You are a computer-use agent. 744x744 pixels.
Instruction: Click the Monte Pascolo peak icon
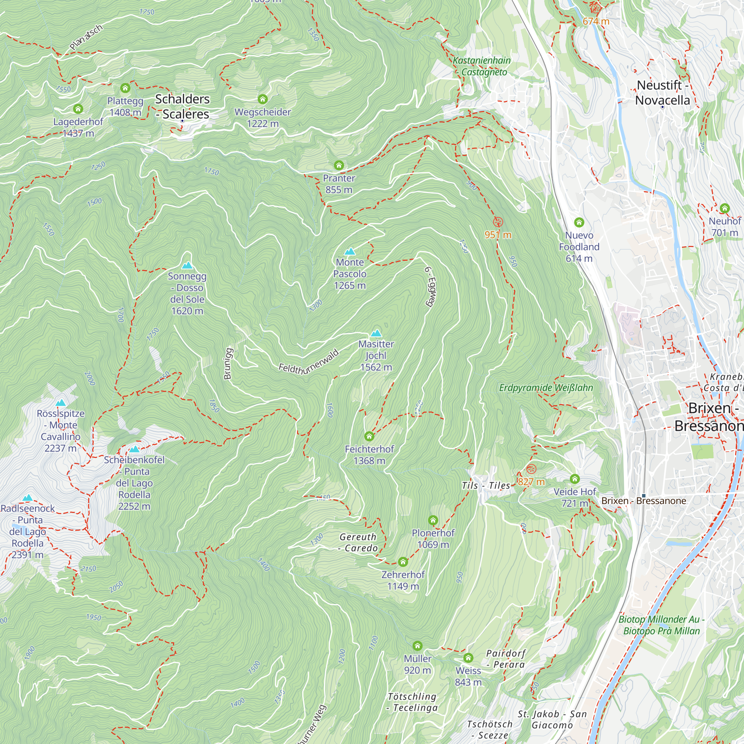pyautogui.click(x=350, y=252)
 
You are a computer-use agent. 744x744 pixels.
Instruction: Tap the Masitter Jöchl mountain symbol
pyautogui.click(x=376, y=333)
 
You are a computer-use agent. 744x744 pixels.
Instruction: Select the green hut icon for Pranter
pyautogui.click(x=339, y=166)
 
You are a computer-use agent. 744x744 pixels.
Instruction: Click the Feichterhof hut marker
pyautogui.click(x=369, y=436)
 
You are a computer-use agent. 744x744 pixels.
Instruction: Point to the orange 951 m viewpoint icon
pyautogui.click(x=498, y=222)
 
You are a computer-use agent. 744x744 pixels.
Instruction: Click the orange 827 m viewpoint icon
pyautogui.click(x=531, y=469)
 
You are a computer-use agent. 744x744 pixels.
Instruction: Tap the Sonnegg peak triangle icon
pyautogui.click(x=187, y=265)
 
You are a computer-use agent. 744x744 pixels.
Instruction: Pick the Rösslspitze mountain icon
pyautogui.click(x=61, y=403)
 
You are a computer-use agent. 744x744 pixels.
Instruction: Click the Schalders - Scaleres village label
pyautogui.click(x=183, y=107)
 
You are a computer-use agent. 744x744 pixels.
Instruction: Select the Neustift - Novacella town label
pyautogui.click(x=663, y=92)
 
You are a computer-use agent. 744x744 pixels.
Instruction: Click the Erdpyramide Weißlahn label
pyautogui.click(x=546, y=388)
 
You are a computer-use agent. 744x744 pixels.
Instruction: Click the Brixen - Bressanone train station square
pyautogui.click(x=644, y=496)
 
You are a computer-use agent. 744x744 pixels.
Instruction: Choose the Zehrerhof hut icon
pyautogui.click(x=403, y=562)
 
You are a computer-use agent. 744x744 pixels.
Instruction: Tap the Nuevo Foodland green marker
pyautogui.click(x=579, y=222)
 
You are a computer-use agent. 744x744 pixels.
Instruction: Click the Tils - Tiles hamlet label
pyautogui.click(x=486, y=485)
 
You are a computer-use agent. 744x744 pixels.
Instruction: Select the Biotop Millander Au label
pyautogui.click(x=661, y=625)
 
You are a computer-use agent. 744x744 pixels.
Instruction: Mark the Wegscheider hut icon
pyautogui.click(x=263, y=99)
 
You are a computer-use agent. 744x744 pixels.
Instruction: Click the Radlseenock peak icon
pyautogui.click(x=27, y=498)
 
